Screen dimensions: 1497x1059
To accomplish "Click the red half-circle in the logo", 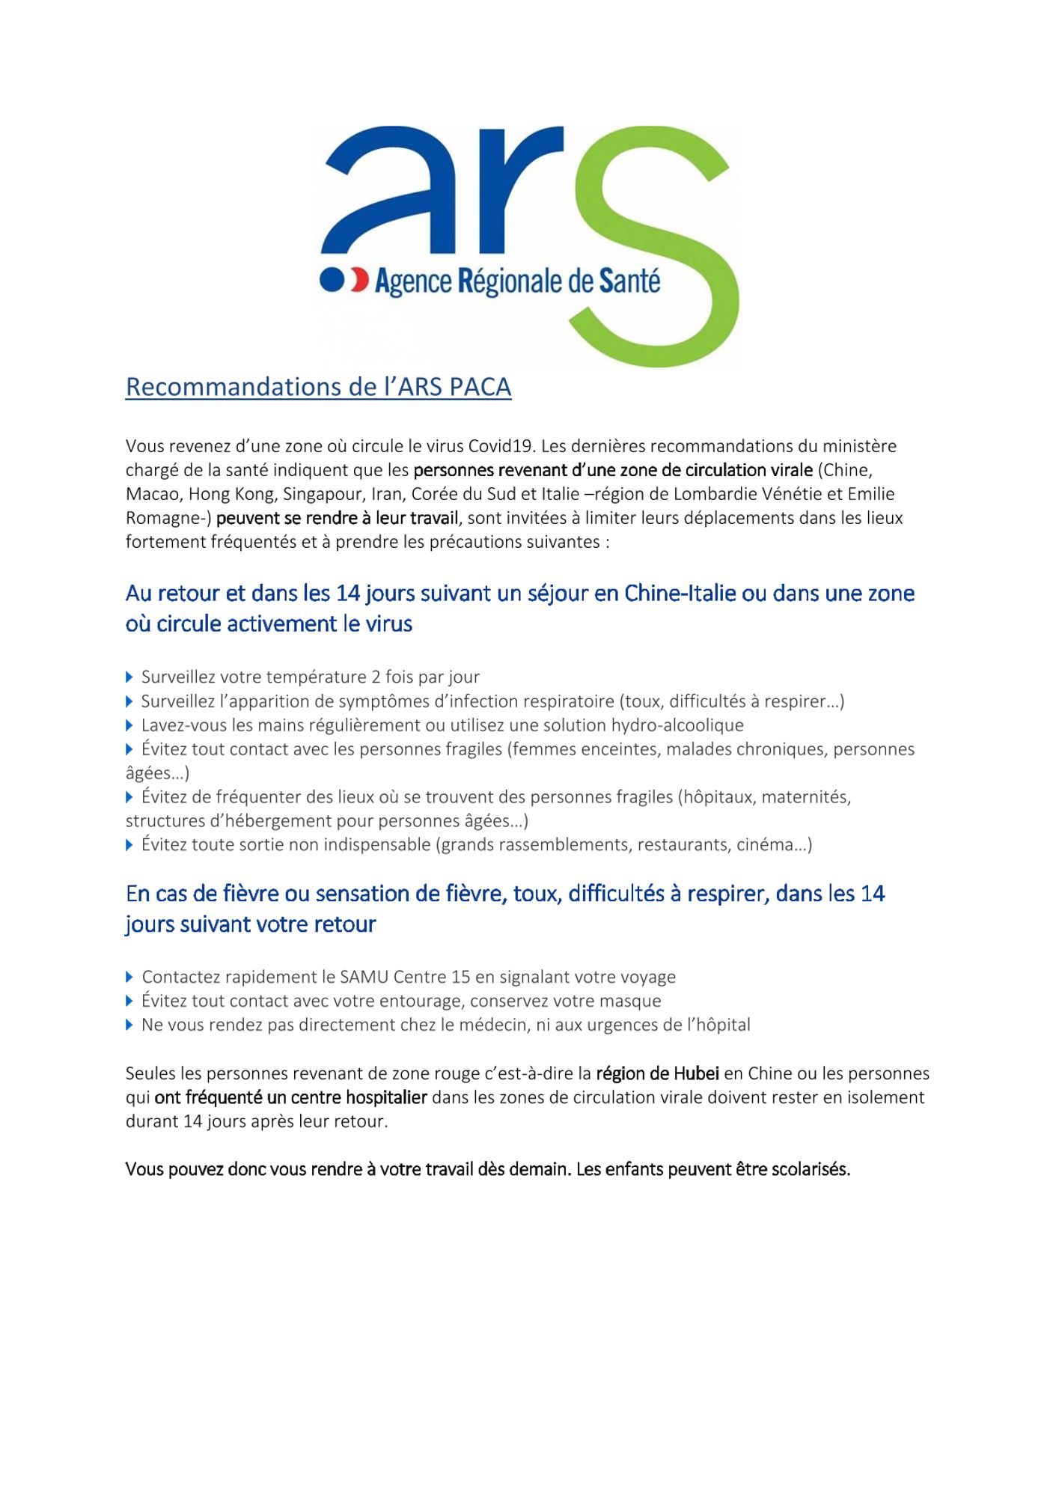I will pyautogui.click(x=360, y=280).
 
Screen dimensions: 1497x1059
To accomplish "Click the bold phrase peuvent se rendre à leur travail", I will pyautogui.click(x=337, y=518).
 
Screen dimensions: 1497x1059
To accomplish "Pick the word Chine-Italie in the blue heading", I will pyautogui.click(x=679, y=594).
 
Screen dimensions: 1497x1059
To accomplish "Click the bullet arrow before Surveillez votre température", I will pyautogui.click(x=129, y=677).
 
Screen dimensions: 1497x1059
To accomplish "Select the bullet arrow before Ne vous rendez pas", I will pyautogui.click(x=129, y=1025).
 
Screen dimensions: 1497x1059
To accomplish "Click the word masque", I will pyautogui.click(x=635, y=1001).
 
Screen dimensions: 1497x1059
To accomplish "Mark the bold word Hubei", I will pyautogui.click(x=696, y=1073).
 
